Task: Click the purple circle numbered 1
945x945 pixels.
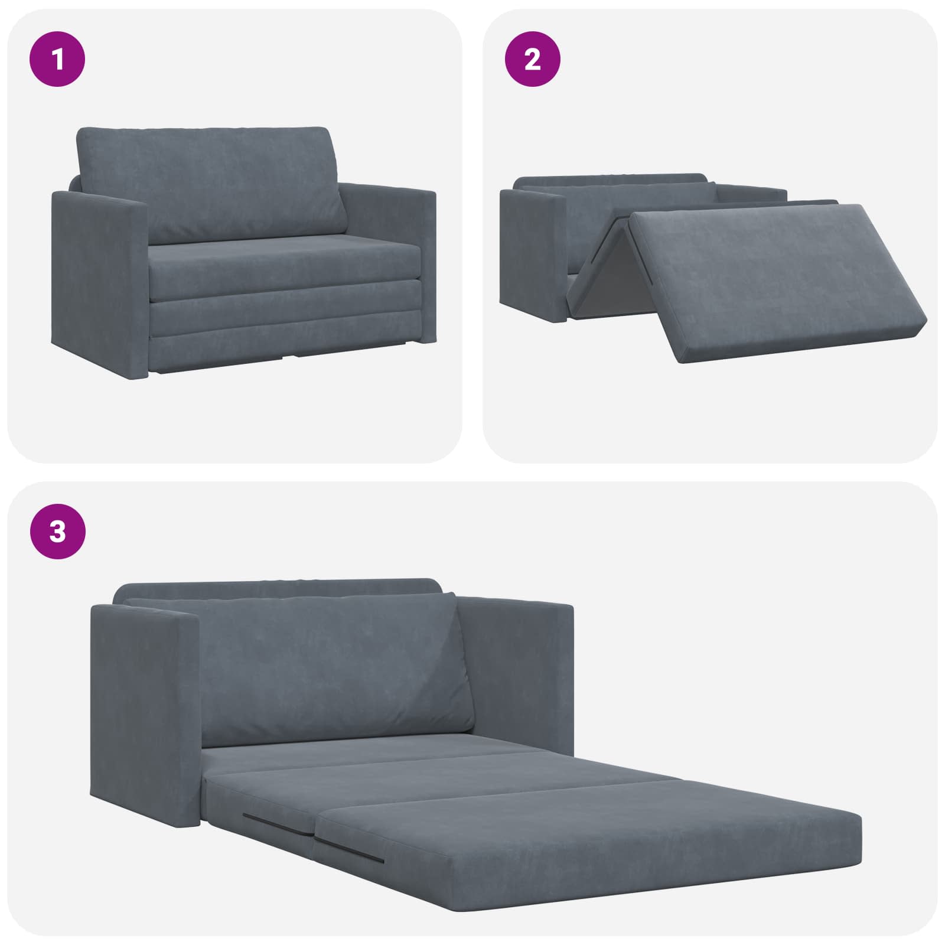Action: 58,59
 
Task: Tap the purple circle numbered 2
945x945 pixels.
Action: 533,59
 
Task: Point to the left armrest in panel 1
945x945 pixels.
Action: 97,278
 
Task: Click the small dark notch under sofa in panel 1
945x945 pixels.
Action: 289,356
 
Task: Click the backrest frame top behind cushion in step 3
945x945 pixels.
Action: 278,589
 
